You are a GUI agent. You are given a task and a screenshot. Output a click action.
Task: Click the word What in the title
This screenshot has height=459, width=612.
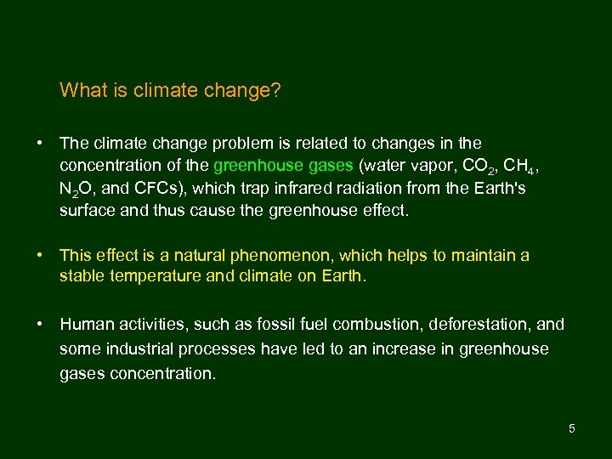click(x=82, y=90)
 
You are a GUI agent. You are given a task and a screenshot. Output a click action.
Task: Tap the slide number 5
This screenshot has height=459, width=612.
click(x=572, y=428)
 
